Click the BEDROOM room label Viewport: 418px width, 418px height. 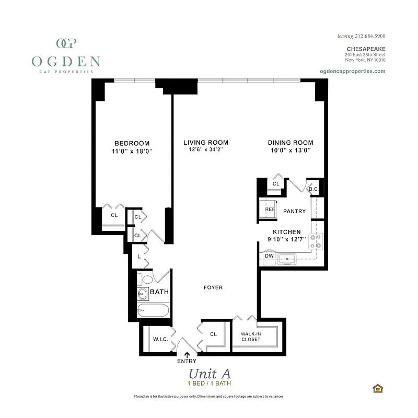(132, 143)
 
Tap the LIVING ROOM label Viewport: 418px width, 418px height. (205, 143)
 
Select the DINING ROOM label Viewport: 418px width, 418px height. (291, 143)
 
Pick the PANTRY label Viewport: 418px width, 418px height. (294, 211)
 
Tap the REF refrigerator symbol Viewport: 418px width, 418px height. (270, 209)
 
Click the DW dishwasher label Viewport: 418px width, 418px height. (269, 256)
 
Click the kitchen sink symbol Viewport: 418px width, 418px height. (287, 258)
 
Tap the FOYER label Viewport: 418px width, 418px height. (213, 287)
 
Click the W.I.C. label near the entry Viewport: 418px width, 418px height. (160, 339)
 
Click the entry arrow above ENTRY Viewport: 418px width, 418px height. (187, 355)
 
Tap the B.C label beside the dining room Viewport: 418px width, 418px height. (313, 189)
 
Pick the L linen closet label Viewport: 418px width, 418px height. (138, 257)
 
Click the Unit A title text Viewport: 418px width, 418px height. (209, 374)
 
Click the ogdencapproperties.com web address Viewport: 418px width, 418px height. (352, 71)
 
